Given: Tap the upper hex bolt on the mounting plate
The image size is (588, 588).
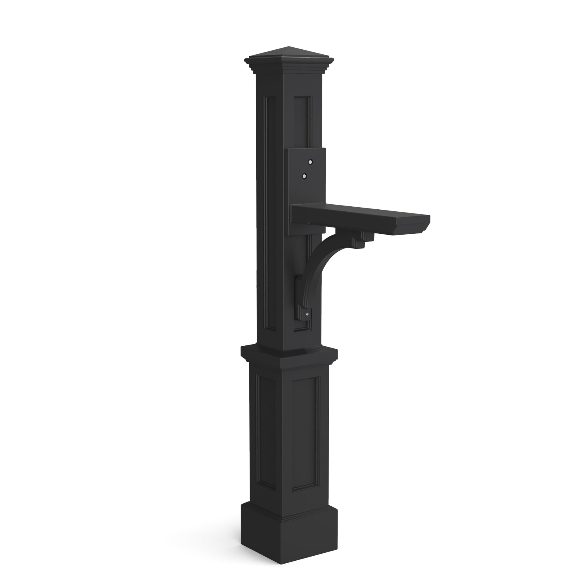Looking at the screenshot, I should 310,162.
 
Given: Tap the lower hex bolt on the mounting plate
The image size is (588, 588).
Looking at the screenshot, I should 303,176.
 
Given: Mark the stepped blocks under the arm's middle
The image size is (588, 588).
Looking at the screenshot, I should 362,240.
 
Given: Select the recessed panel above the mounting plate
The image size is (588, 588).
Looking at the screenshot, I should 303,122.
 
